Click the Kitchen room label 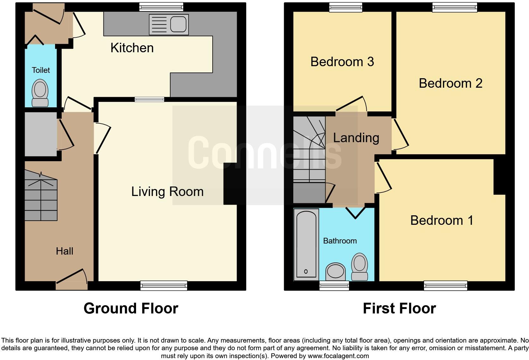point(132,48)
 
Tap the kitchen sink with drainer point(169,24)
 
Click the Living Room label point(167,192)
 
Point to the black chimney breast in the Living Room point(230,184)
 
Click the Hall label point(65,251)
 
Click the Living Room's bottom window point(164,286)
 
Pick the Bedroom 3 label point(342,62)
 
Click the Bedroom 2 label point(451,83)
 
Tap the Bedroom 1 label point(442,220)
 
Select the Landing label point(356,138)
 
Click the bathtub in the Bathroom point(306,244)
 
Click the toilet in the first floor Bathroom point(360,267)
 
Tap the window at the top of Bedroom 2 point(455,7)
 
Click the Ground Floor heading point(131,308)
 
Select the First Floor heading point(399,308)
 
